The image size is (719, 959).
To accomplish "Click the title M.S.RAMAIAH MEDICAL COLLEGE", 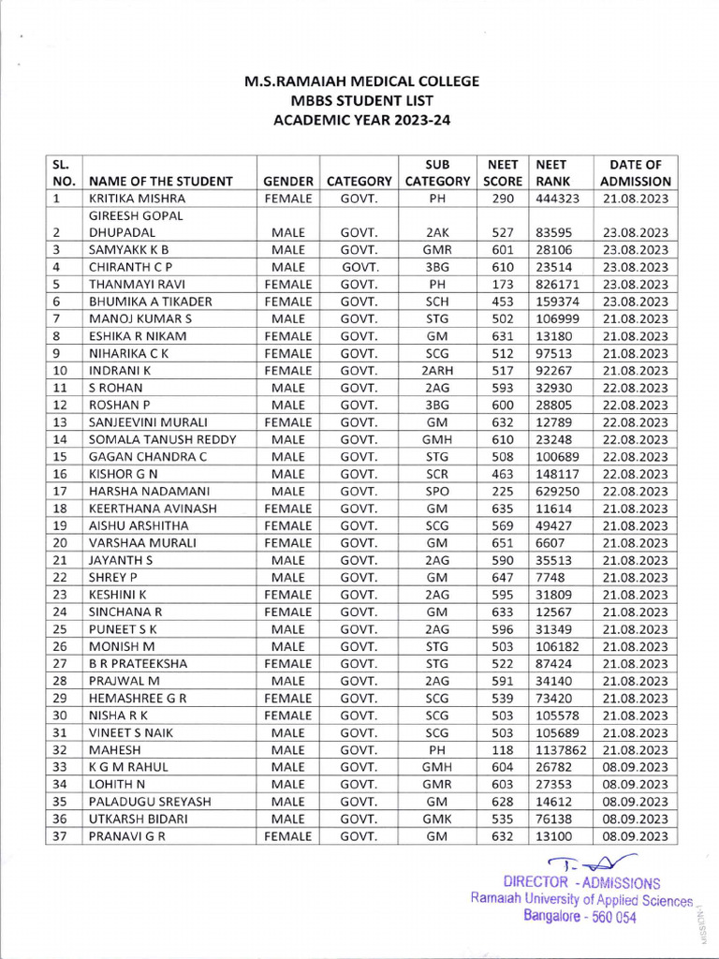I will click(361, 81).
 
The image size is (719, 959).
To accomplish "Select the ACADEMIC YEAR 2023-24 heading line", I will click(361, 119).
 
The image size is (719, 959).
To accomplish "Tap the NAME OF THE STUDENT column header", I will click(160, 182).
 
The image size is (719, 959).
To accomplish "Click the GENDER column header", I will click(287, 182).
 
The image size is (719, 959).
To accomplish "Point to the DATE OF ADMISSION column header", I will click(636, 173).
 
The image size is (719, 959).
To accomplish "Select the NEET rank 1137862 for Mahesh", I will click(561, 750).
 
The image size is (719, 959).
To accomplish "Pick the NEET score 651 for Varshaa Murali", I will click(503, 543).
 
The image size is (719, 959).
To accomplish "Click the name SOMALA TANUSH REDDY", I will click(162, 439).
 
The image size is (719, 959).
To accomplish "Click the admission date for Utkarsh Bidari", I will click(636, 819).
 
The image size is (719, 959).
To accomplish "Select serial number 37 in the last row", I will click(58, 836).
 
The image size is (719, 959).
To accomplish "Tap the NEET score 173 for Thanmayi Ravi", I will click(503, 285).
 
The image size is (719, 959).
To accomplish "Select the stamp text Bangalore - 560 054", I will click(580, 917).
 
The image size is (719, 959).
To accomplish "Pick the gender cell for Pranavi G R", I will click(287, 836).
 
